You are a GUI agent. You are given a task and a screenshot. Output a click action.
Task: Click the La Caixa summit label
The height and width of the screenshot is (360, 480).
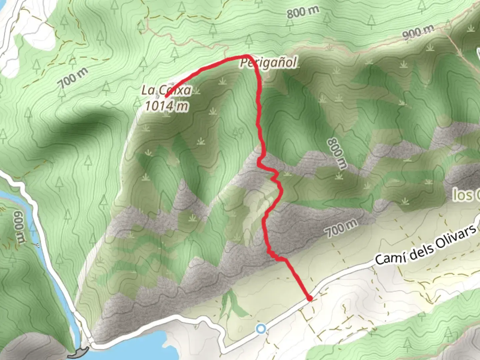point(167,90)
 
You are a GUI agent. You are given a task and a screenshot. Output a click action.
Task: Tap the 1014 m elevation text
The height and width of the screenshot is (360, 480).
point(166,106)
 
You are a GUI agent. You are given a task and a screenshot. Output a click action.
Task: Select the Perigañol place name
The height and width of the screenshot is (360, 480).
point(269,62)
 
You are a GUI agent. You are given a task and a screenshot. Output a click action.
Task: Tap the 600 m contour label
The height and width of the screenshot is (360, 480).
point(20,227)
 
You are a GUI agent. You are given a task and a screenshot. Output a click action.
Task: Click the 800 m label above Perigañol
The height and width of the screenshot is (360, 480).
point(303,13)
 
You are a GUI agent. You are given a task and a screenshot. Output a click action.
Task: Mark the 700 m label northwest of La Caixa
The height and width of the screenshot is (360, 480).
point(74,78)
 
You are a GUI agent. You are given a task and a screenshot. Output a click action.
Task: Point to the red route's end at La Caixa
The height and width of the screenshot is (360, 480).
point(166,97)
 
